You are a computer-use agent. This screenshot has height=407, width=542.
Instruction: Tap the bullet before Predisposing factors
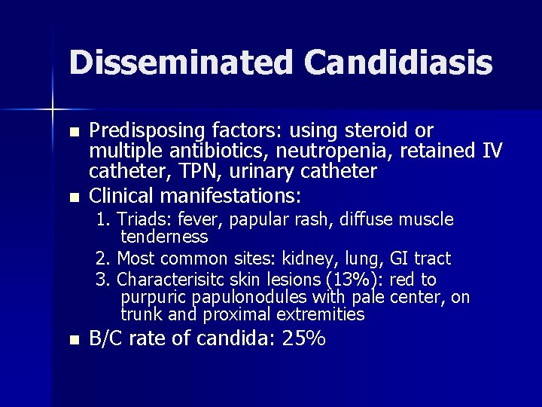coord(73,131)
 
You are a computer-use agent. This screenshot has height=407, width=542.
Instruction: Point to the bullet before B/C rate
coord(73,341)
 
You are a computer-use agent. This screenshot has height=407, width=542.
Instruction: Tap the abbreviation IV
coord(491,151)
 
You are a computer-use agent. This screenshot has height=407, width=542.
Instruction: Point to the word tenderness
coord(164,237)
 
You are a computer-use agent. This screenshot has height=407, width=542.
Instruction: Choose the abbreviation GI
coord(400,259)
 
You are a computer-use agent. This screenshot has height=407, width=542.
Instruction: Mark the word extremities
coord(320,314)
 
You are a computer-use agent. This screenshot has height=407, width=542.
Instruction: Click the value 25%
coord(303,339)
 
